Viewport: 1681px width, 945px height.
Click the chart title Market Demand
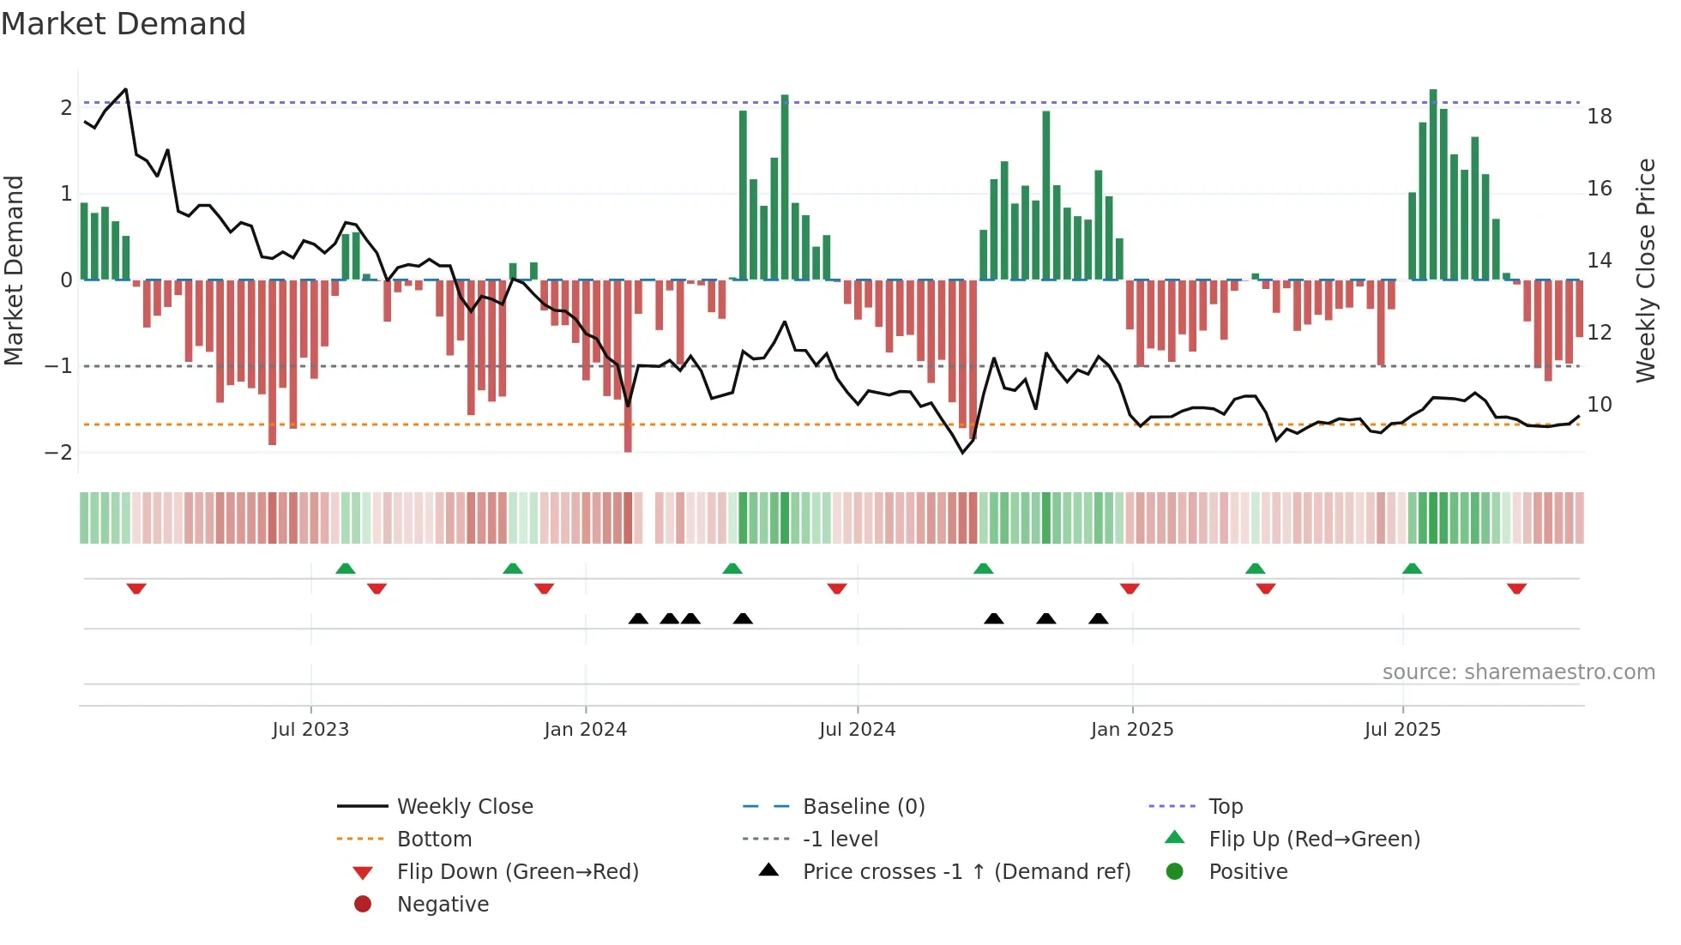click(x=124, y=24)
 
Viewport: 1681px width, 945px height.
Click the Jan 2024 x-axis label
click(x=585, y=730)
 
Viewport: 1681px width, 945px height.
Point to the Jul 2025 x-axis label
click(x=1402, y=730)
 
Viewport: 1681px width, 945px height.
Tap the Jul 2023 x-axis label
click(x=310, y=730)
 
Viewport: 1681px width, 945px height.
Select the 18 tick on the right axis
click(x=1599, y=117)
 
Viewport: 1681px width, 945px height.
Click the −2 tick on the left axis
click(x=59, y=453)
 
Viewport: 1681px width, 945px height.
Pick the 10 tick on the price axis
click(x=1599, y=405)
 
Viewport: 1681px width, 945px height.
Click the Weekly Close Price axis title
click(x=1645, y=270)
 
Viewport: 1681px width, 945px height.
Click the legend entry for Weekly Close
click(x=464, y=807)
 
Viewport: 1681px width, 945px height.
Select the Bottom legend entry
click(x=434, y=840)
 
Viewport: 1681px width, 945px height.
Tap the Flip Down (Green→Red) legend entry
click(x=517, y=872)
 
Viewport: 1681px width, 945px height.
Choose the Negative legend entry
click(x=443, y=905)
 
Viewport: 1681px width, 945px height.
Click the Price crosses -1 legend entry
click(x=966, y=872)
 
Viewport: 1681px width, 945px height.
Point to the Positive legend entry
click(x=1248, y=872)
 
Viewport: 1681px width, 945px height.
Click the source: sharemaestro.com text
click(x=1518, y=672)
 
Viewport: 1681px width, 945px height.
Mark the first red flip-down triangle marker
click(x=136, y=588)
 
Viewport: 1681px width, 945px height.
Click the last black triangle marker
click(x=1098, y=618)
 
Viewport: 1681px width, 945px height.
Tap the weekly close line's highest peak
click(x=126, y=89)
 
